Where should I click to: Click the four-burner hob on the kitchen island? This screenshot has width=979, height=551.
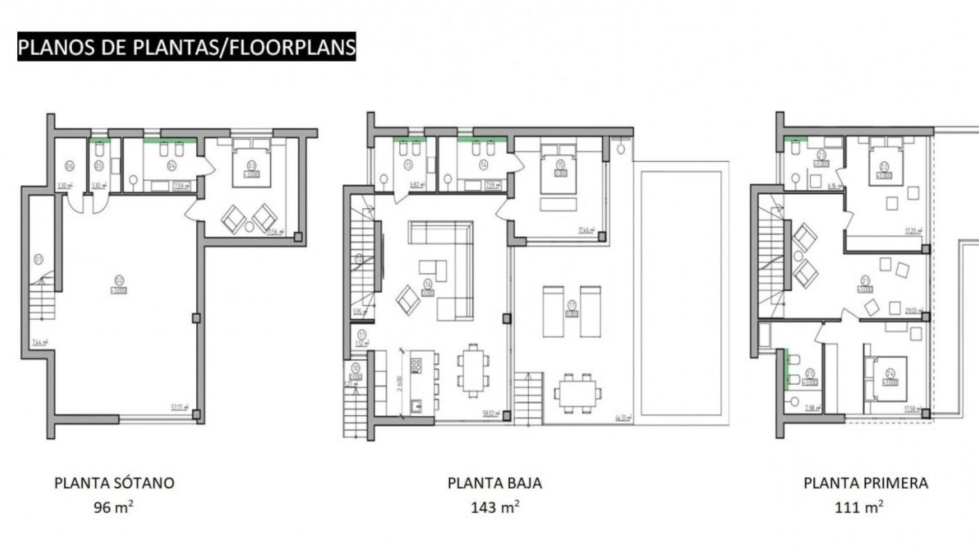click(x=417, y=364)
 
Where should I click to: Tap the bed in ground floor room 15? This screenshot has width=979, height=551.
click(x=559, y=168)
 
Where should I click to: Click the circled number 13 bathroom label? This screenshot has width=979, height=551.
click(x=408, y=164)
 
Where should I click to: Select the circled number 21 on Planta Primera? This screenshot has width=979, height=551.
click(x=865, y=280)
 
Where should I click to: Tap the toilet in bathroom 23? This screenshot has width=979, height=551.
click(x=794, y=148)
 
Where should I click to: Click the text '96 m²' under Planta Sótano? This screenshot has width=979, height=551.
click(x=113, y=507)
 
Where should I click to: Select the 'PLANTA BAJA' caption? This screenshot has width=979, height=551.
click(x=495, y=483)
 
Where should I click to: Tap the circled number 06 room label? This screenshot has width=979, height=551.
click(x=70, y=165)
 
